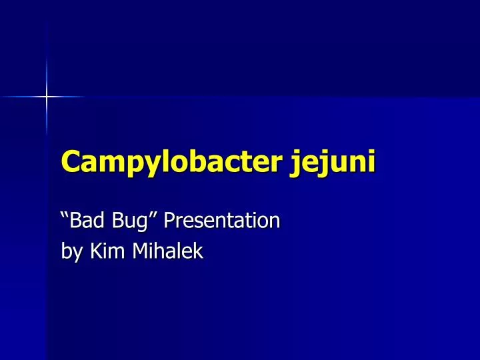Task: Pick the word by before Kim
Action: pyautogui.click(x=69, y=252)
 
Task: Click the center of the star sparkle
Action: pyautogui.click(x=47, y=97)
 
